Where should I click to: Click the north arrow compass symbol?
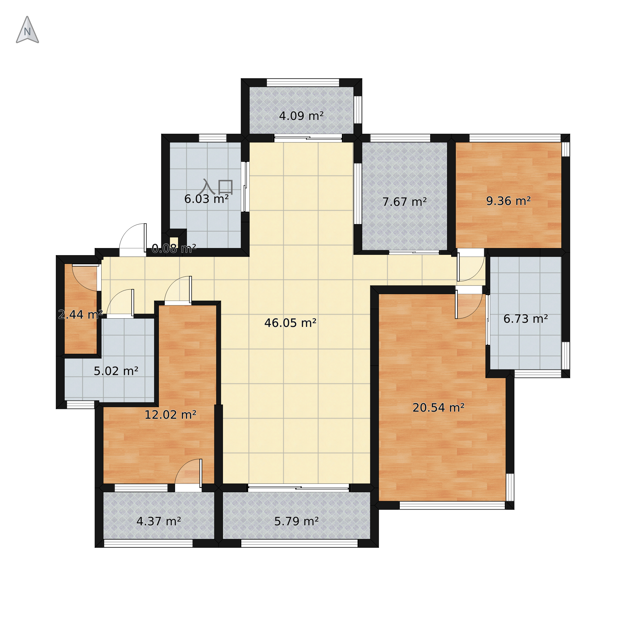point(27,30)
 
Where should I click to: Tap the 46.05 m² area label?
point(290,323)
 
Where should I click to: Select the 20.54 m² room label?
point(438,407)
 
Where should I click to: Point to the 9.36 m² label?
point(508,201)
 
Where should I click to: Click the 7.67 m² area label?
point(404,202)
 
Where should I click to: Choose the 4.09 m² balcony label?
point(301,116)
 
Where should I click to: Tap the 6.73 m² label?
point(526,319)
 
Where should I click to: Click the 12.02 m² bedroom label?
point(170,415)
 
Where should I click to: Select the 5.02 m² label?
point(116,371)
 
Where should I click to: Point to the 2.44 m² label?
point(80,314)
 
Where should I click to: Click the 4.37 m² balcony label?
point(159,521)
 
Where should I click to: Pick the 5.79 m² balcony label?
point(296,521)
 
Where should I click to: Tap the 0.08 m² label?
point(174,249)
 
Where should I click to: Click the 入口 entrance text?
point(216,187)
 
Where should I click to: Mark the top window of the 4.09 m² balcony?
point(303,82)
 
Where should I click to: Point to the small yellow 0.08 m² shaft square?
point(174,243)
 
